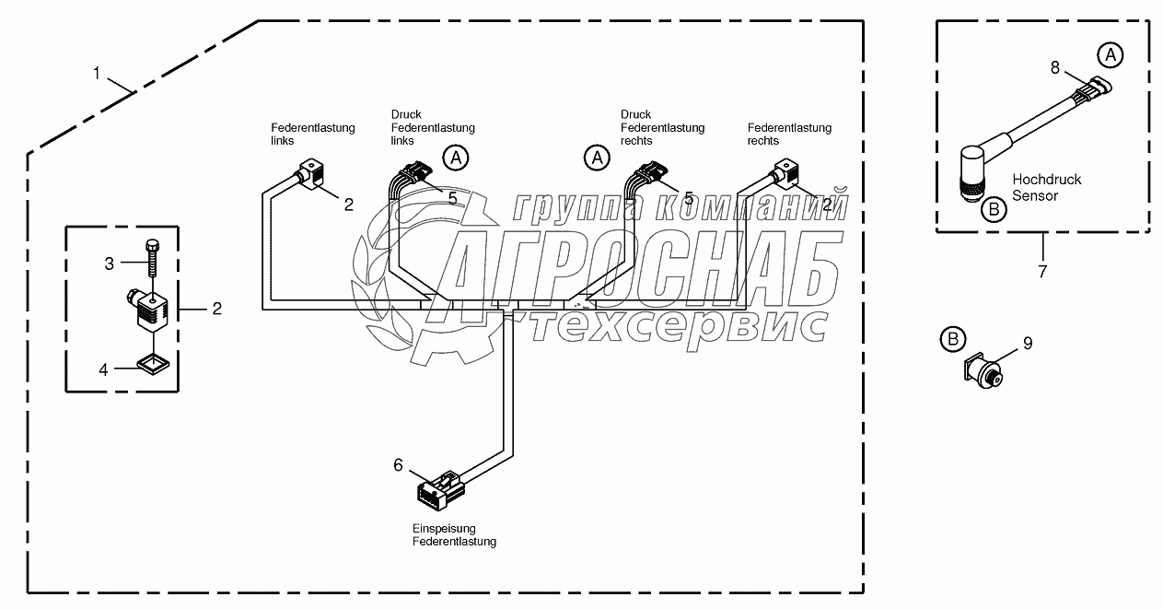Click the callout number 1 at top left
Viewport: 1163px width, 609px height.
click(98, 74)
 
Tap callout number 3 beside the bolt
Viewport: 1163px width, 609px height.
click(109, 264)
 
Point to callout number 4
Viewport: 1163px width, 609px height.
click(103, 369)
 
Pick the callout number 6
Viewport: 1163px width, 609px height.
click(398, 465)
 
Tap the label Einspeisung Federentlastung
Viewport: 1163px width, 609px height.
click(454, 535)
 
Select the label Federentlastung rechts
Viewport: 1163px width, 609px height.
click(789, 135)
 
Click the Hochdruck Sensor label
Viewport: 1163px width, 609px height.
click(1046, 187)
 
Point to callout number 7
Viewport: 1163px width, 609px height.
click(1042, 272)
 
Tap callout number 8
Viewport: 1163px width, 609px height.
click(1055, 67)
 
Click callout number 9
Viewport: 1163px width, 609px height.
click(1028, 344)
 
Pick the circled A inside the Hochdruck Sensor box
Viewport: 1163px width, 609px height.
click(1111, 56)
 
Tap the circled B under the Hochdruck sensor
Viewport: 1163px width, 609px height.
click(993, 210)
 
